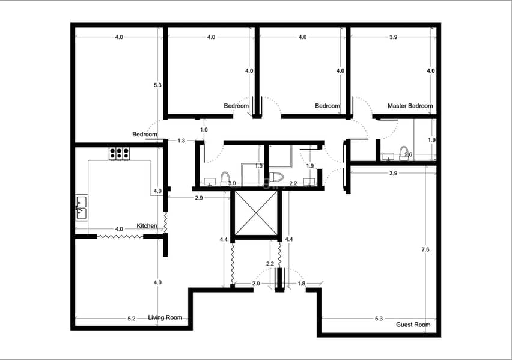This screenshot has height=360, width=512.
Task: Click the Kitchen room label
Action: [147, 226]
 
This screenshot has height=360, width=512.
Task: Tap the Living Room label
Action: [165, 317]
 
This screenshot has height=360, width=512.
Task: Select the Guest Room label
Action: [413, 325]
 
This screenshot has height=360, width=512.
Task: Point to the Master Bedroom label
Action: [410, 106]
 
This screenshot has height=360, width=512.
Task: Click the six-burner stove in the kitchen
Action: [119, 153]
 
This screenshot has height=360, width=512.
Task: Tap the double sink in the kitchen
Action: [81, 208]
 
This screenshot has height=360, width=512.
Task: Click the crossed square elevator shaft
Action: [256, 213]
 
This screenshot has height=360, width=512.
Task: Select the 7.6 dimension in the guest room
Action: [425, 249]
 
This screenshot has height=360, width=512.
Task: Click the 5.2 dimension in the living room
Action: [131, 319]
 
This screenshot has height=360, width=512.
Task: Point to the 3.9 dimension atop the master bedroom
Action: [394, 37]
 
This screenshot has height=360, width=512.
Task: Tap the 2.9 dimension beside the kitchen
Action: [198, 198]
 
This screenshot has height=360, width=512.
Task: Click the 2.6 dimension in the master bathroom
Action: [408, 154]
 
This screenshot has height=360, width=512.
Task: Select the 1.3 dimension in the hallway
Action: [181, 141]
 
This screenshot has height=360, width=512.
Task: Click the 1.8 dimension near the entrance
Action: [302, 284]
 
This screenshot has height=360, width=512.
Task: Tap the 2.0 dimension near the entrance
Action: [256, 284]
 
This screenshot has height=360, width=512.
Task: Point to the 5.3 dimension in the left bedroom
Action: [157, 85]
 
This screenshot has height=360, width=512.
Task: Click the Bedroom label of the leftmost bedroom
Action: [145, 134]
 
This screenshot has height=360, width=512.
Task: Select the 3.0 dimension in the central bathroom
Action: [232, 183]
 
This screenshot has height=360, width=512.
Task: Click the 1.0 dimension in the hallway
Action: [204, 130]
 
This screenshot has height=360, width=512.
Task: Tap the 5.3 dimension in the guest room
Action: [379, 319]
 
